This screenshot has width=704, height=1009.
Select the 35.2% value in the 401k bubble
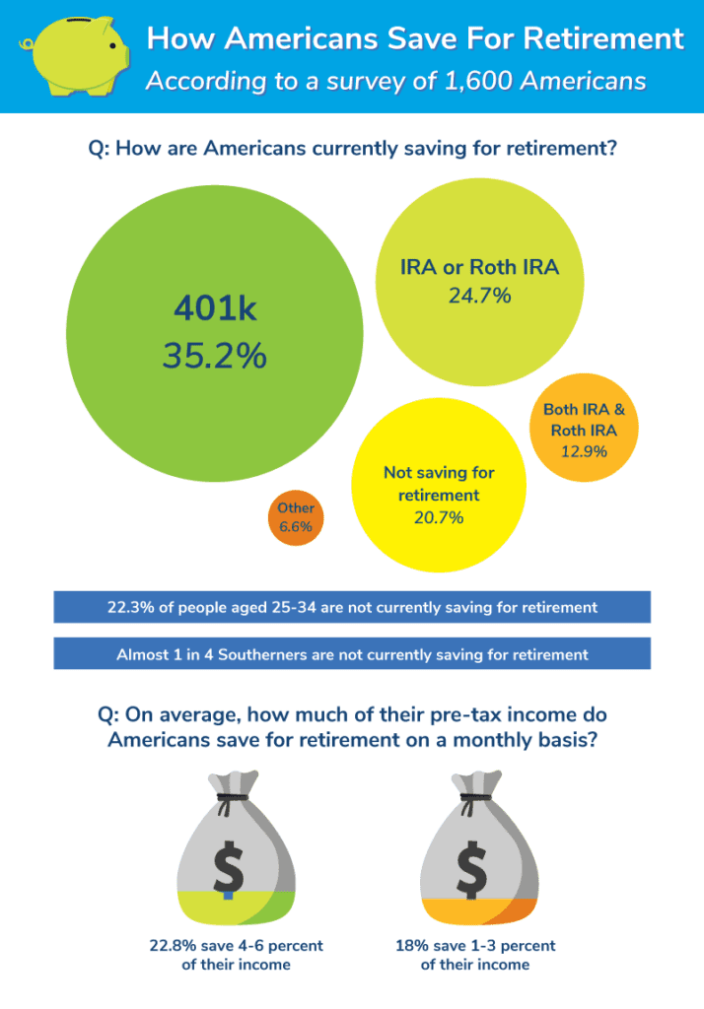pyautogui.click(x=214, y=356)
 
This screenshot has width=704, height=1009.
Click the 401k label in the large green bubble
pyautogui.click(x=214, y=309)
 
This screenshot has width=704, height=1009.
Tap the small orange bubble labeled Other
pyautogui.click(x=295, y=517)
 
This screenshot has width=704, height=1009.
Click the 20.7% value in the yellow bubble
pyautogui.click(x=439, y=517)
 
